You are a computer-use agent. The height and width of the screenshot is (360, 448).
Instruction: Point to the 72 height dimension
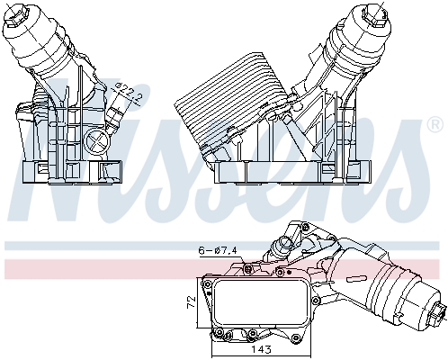coord(192,300)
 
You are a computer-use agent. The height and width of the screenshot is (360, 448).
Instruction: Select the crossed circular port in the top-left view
coord(94,141)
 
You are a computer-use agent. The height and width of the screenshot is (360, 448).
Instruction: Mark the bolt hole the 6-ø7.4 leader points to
coord(245,266)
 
